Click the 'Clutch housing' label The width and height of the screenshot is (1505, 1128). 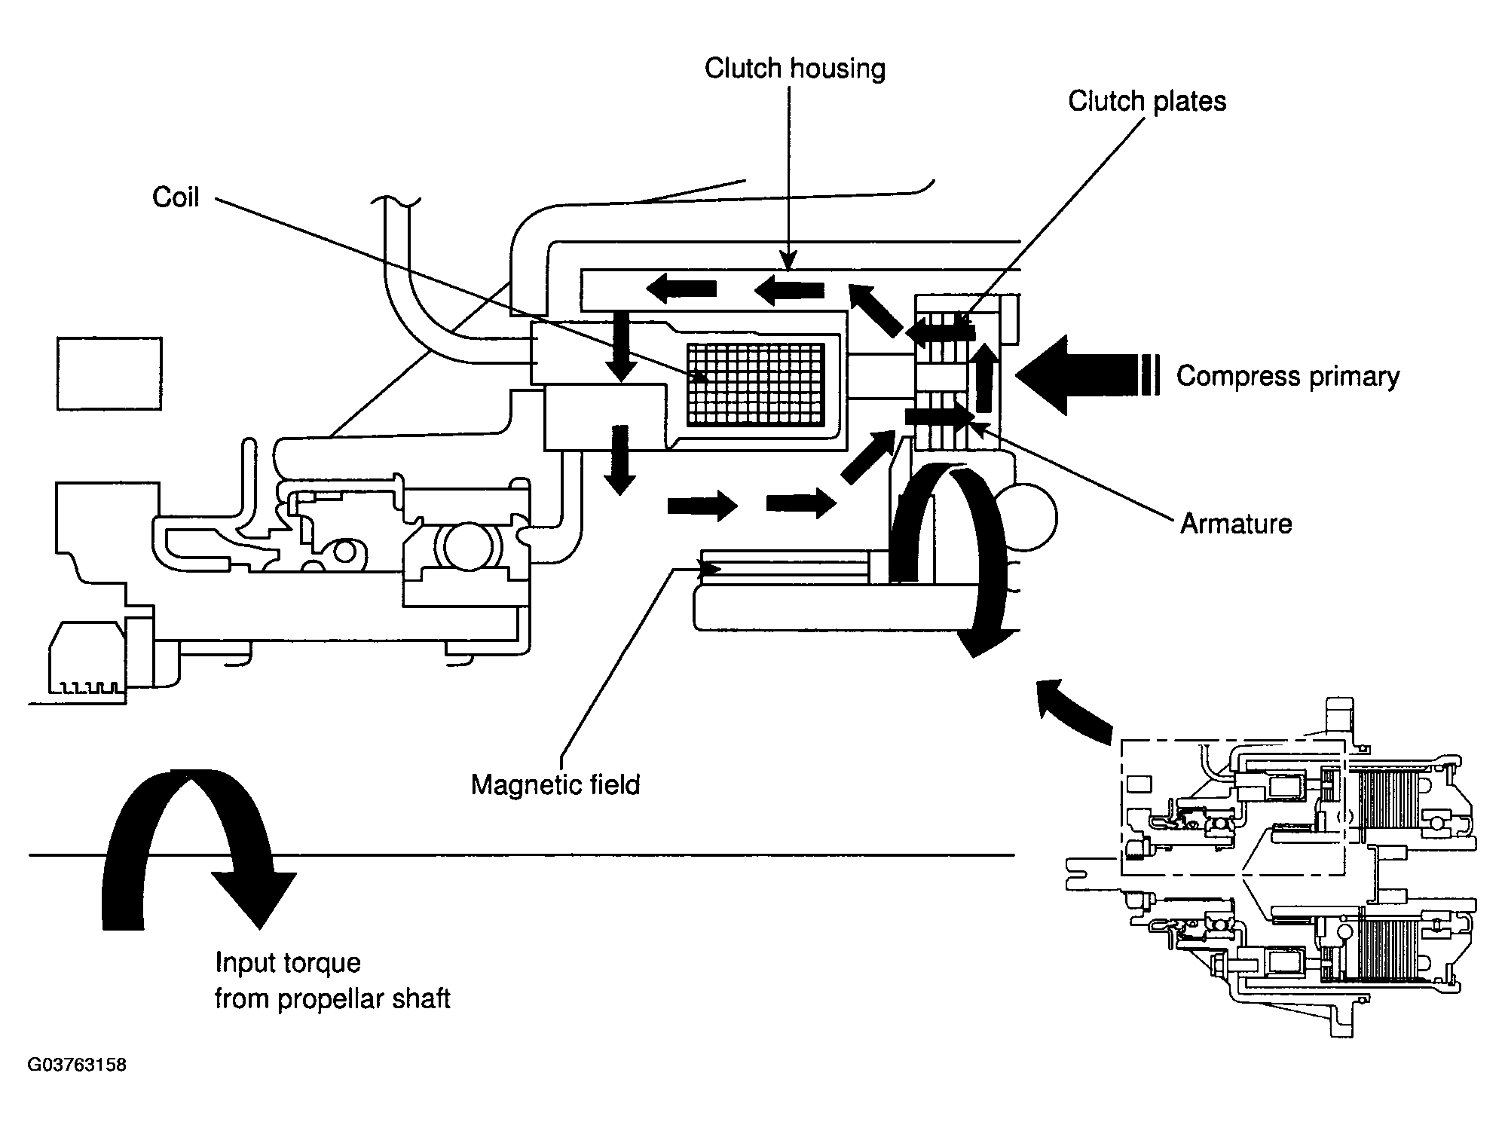tap(794, 69)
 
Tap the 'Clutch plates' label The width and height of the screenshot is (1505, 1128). tap(1146, 101)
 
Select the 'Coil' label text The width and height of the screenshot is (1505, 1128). tap(176, 197)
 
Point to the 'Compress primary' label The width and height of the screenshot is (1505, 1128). tap(1287, 375)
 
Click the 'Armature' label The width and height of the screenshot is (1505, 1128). tap(1235, 523)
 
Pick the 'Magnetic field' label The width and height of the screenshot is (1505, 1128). tap(555, 784)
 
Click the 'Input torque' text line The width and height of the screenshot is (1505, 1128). tap(288, 962)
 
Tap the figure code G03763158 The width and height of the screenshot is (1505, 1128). tap(77, 1065)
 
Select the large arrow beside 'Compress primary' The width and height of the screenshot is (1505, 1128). tap(1078, 374)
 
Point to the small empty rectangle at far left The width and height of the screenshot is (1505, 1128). tap(109, 374)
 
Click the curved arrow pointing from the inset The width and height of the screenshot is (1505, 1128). tap(1070, 708)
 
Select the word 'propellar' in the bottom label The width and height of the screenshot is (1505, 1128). tap(334, 998)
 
